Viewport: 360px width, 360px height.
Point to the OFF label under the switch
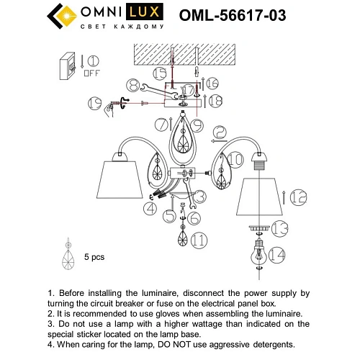pos(92,73)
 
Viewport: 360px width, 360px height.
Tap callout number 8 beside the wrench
pos(130,85)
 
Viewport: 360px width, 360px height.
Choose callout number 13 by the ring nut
pos(281,228)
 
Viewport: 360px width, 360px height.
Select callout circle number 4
pos(149,208)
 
